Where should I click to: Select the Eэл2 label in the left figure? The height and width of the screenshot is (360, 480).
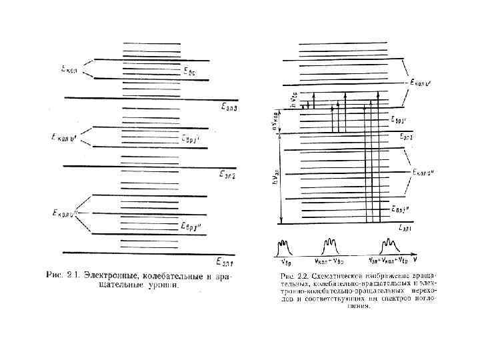(229, 175)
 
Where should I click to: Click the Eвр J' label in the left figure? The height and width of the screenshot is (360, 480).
(191, 139)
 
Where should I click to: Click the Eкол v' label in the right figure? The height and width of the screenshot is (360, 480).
(422, 83)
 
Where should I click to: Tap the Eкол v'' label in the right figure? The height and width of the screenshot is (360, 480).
(423, 172)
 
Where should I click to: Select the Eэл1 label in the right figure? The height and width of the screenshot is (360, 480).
(404, 228)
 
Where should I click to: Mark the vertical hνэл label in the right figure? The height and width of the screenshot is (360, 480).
(275, 175)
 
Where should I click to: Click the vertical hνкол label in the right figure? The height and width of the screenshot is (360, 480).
(275, 122)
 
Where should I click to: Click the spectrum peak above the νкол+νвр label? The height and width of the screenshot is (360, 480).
(329, 245)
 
